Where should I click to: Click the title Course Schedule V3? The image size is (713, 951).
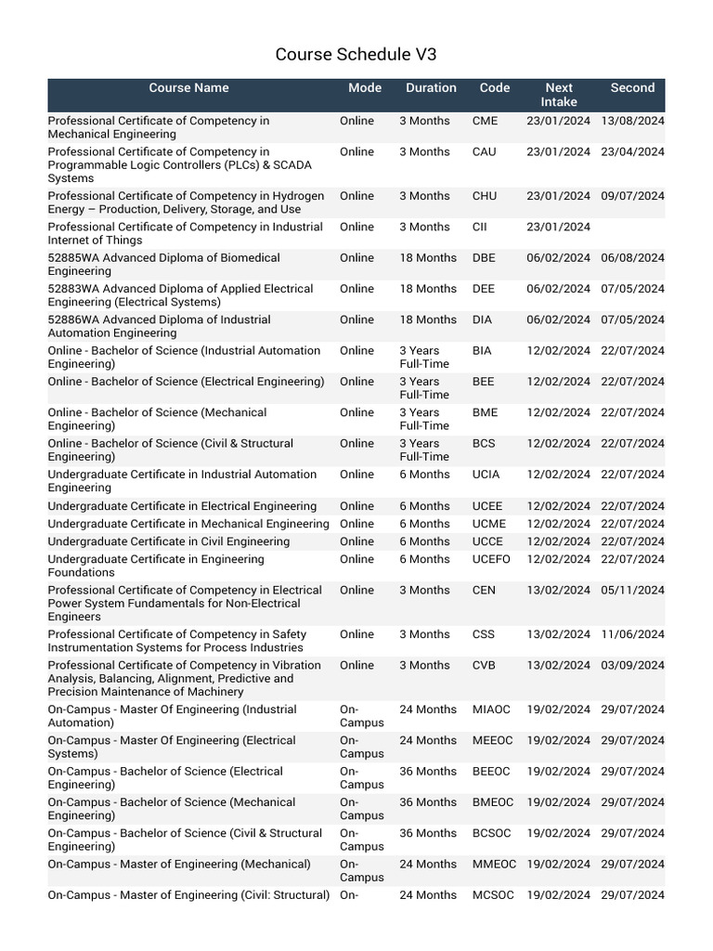356,55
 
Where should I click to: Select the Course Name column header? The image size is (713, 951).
188,88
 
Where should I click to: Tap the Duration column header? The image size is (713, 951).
431,88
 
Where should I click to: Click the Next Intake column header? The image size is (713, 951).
559,95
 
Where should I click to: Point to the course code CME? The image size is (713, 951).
485,121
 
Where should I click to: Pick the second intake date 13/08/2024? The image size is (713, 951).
632,121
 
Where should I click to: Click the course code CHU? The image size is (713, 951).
485,196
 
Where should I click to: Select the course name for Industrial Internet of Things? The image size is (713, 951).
185,233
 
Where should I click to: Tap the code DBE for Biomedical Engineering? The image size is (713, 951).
484,257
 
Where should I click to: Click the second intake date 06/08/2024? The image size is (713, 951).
632,257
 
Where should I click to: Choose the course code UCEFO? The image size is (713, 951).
491,559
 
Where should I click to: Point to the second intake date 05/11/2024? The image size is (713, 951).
632,590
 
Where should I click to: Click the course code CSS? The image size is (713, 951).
484,634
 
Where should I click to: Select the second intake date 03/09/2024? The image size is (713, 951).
632,665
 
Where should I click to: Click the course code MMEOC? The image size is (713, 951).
494,864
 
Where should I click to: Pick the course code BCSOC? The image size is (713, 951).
491,833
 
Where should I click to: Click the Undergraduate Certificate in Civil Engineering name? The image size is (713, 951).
168,541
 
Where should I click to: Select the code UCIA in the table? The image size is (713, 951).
486,475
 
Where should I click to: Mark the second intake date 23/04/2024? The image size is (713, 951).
632,151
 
